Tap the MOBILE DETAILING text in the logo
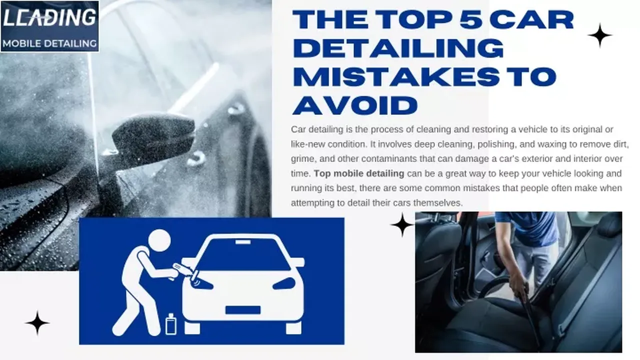point(49,43)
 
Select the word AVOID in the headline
point(355,105)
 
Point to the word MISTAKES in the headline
point(396,76)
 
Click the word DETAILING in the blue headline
point(398,48)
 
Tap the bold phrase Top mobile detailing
point(359,173)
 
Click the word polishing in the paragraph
point(497,144)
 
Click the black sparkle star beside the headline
point(599,35)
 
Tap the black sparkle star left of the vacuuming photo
point(402,225)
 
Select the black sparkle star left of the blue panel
point(37,323)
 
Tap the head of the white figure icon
point(159,241)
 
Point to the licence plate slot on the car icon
point(243,310)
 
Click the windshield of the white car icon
point(243,253)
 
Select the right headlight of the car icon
point(284,283)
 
